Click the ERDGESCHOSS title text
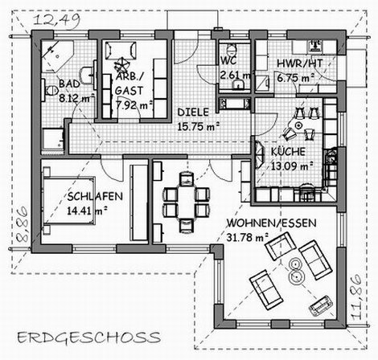tap(89, 337)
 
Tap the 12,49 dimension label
tap(57, 20)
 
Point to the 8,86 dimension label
tap(22, 224)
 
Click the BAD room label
tap(69, 84)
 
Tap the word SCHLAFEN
tap(95, 197)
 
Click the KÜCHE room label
tap(288, 152)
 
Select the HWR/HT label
tap(300, 63)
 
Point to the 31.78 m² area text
tap(248, 237)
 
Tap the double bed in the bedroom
tap(69, 200)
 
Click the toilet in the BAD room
tap(50, 90)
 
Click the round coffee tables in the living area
tap(296, 271)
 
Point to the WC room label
tap(228, 61)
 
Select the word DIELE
tap(193, 112)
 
